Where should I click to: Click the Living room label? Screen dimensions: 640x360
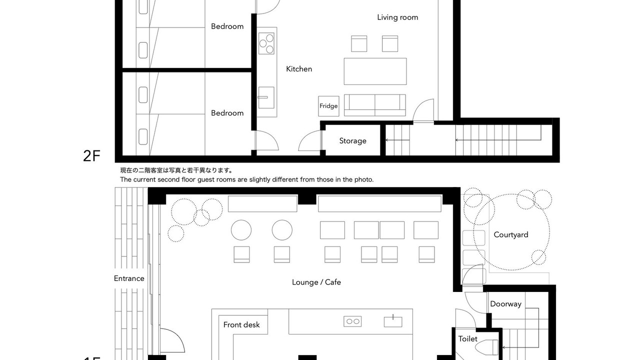pos(397,17)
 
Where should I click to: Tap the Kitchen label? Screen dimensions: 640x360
pos(299,69)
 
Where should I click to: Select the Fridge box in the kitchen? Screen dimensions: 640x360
pos(328,106)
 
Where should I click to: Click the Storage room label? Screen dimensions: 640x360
pos(352,141)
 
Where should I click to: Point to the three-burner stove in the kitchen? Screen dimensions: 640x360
pos(266,43)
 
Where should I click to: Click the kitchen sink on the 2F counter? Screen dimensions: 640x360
pos(266,97)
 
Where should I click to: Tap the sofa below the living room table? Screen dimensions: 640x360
pos(374,105)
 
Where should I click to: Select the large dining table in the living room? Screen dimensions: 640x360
pos(375,71)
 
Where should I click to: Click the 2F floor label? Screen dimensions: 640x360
pos(91,156)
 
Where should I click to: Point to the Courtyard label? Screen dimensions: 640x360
pos(511,235)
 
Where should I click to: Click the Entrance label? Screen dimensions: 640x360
pos(129,278)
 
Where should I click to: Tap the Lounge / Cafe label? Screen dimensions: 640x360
pos(316,282)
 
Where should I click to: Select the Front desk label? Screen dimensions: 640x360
pos(241,325)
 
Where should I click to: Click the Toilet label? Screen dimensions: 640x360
pos(467,339)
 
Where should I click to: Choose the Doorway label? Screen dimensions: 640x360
pos(505,304)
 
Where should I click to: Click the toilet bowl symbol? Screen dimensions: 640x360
pos(487,347)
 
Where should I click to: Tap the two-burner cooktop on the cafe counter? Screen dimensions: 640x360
pos(352,321)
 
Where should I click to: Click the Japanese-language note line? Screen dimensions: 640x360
pos(176,170)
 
